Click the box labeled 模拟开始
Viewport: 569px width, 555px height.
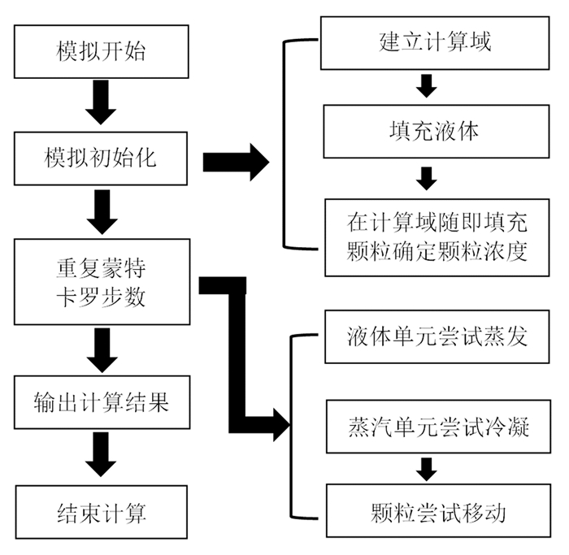pos(102,51)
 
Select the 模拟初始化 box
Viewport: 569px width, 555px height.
pos(101,158)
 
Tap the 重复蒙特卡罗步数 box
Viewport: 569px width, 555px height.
pos(102,281)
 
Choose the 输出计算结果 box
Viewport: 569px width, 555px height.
pos(102,402)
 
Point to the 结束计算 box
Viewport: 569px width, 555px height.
pos(102,512)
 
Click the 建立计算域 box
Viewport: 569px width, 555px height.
pos(435,43)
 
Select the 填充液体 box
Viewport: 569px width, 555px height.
pos(437,132)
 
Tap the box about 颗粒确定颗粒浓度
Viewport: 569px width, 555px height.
pos(437,237)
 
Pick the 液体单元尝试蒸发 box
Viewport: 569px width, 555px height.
pos(437,336)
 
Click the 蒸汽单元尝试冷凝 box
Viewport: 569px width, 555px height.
pos(438,427)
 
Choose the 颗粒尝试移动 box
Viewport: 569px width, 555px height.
pos(438,510)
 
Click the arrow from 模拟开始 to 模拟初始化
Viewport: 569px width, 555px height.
pos(101,102)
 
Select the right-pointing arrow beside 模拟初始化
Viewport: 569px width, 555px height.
pos(236,162)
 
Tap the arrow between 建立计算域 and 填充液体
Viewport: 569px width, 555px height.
pos(427,86)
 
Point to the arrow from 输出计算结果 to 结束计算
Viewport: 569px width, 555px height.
pos(101,454)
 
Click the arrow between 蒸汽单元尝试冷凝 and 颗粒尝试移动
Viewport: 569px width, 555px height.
pos(427,470)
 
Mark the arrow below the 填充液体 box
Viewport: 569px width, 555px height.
pos(427,179)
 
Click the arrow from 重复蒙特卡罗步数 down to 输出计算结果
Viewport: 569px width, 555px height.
pos(102,350)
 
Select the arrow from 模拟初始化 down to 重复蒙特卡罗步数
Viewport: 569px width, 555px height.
pos(102,212)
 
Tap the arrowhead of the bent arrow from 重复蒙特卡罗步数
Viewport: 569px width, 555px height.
pos(281,424)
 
